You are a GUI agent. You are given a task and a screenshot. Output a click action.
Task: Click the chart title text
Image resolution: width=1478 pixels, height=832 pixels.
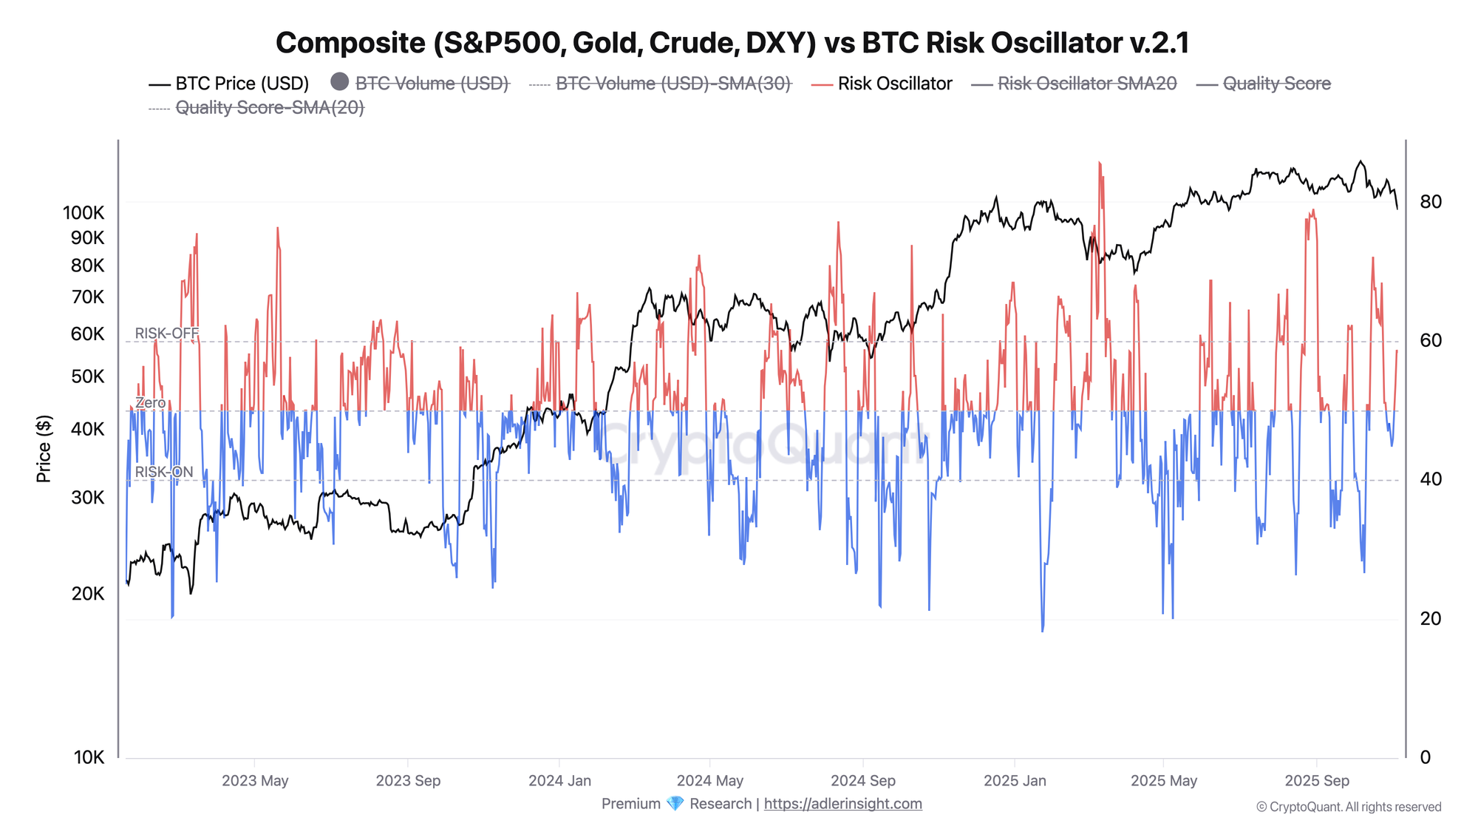click(x=732, y=43)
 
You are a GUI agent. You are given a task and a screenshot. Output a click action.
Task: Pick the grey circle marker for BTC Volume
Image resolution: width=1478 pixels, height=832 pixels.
click(x=339, y=82)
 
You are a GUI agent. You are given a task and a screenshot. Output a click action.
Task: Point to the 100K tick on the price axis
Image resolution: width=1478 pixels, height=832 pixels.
click(x=84, y=213)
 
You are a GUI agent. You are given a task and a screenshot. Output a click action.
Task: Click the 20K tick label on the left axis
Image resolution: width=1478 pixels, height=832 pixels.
click(x=88, y=594)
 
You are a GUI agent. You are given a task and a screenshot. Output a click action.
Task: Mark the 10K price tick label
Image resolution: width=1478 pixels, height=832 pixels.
click(x=89, y=757)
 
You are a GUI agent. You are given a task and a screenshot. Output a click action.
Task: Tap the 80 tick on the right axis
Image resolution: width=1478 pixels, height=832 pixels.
click(x=1431, y=202)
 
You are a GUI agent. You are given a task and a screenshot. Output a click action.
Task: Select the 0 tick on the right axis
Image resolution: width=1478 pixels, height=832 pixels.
click(x=1426, y=757)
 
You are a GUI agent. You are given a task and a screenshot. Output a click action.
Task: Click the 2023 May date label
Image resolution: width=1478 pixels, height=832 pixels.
click(x=255, y=781)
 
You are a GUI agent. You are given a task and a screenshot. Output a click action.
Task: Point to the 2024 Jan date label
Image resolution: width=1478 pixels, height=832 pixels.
click(x=559, y=781)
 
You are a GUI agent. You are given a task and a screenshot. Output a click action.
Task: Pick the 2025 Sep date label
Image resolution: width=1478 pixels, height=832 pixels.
click(x=1317, y=781)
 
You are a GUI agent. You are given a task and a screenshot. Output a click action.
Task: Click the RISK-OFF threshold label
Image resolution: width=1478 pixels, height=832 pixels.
click(x=167, y=334)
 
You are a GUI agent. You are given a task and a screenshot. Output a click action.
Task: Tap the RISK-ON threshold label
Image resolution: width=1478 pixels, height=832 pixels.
click(x=164, y=472)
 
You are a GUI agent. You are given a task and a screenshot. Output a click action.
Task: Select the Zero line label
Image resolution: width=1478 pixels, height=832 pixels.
click(x=151, y=403)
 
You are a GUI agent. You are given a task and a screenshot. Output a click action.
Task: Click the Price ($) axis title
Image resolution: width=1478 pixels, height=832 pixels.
click(x=44, y=449)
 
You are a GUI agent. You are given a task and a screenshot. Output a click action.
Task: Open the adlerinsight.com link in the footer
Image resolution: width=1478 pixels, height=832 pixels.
click(x=842, y=804)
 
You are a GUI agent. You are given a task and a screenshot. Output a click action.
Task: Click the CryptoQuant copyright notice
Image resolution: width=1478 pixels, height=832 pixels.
click(x=1349, y=807)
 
